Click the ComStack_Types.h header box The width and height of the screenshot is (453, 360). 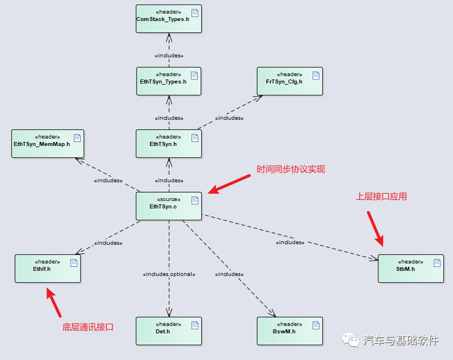coord(169,19)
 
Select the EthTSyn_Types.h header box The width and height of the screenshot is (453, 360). coord(169,81)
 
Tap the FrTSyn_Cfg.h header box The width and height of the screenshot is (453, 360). coord(289,81)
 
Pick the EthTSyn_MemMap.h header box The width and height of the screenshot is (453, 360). coord(48,144)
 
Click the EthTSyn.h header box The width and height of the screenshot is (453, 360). coord(169,144)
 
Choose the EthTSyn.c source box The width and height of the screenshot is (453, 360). coord(169,206)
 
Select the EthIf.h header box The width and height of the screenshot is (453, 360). coord(48,268)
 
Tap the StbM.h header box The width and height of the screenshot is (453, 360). coord(410,268)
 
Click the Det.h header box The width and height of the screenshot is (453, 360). coord(169,330)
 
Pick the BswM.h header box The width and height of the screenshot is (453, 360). coord(289,330)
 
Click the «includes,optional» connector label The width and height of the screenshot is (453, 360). coord(169,274)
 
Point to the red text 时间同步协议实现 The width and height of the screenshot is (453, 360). coord(290,169)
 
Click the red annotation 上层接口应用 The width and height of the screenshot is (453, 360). coord(381,196)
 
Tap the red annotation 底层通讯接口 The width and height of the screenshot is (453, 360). coord(88,327)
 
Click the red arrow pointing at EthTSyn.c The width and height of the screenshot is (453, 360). coord(228,184)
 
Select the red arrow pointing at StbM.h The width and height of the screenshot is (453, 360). coord(375,228)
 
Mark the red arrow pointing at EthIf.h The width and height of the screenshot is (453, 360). coord(53,302)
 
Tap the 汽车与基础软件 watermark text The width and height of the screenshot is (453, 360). coord(401,341)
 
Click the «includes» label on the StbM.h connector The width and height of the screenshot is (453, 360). coord(290,242)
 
